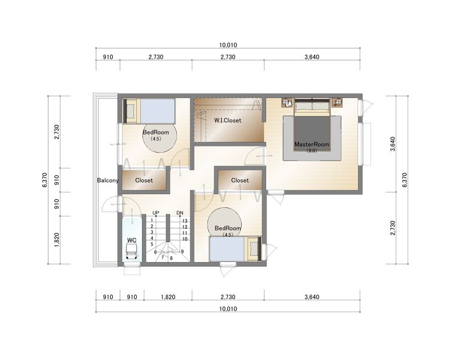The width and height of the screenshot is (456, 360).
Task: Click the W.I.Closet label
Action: point(227,120)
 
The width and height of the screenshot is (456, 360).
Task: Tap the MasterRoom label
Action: point(312,144)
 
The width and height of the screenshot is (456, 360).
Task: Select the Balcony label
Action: point(108,181)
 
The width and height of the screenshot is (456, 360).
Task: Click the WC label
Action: point(132,240)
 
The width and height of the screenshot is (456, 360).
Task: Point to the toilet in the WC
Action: point(131,251)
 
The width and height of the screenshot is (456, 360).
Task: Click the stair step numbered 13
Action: point(185,221)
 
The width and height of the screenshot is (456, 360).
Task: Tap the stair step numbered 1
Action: point(152,220)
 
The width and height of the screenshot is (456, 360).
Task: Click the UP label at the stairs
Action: point(156,213)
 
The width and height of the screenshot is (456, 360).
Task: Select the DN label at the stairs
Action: point(180,213)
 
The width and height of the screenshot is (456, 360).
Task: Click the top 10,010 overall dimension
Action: point(228,45)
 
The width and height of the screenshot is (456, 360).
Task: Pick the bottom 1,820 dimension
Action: point(168,297)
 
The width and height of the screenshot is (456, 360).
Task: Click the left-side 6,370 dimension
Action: point(44,180)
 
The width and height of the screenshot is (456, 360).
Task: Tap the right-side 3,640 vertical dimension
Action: point(393,144)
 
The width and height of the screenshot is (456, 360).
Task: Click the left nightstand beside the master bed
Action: point(287,103)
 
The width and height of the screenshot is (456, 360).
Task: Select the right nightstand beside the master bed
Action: point(337,103)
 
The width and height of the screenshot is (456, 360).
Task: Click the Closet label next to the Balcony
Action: point(144,181)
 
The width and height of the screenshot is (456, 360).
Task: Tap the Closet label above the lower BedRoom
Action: point(240,181)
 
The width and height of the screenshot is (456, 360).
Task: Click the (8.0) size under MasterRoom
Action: point(312,150)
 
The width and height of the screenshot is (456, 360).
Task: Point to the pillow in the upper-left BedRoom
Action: point(130,110)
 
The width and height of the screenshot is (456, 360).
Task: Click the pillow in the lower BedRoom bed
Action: point(254,248)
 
